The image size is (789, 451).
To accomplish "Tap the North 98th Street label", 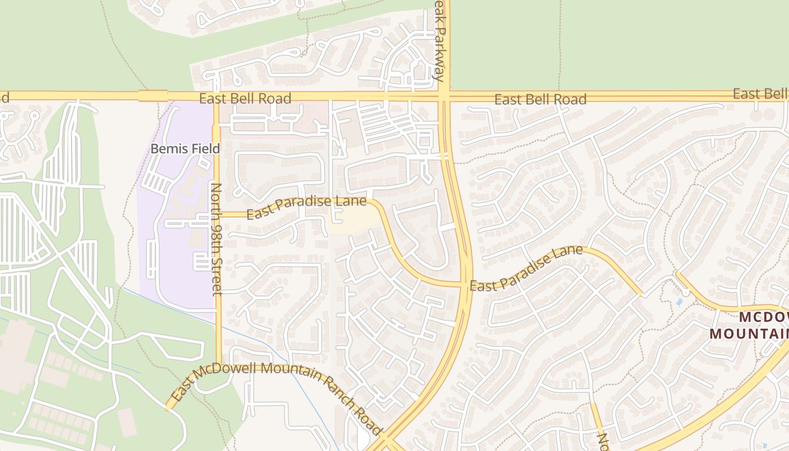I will coord(216,238).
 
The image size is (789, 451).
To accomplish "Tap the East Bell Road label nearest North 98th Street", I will coord(245,99).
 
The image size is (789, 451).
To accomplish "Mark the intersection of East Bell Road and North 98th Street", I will coord(216,96).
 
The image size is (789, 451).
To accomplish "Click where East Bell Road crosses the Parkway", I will coord(444,96).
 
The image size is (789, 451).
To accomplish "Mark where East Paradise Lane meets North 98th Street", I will coord(216,214).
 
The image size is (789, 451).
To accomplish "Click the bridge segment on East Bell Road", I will coord(153,96).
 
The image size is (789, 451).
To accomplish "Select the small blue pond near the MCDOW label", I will coord(679,302).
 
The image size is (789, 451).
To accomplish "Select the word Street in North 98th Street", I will coord(216,275).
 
